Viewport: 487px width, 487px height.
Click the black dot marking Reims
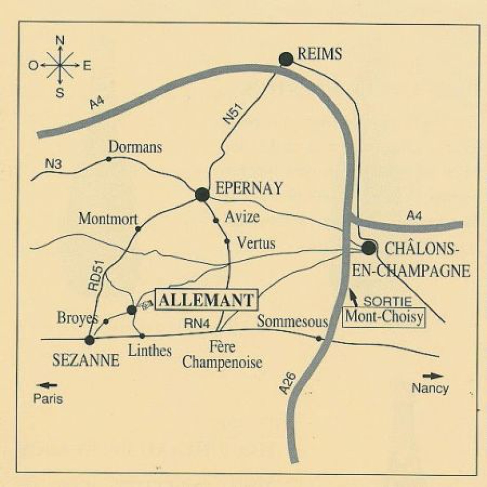tap(286, 59)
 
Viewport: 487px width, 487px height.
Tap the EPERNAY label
tap(249, 188)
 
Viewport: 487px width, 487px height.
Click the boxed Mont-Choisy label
tap(384, 317)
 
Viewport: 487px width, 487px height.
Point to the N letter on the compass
tap(60, 40)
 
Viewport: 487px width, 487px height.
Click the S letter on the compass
tap(60, 93)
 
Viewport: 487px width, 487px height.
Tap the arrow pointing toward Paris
tap(48, 386)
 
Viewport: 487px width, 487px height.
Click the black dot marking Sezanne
tap(89, 340)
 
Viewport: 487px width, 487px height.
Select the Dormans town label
tap(135, 147)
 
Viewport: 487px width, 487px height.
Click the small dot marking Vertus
tap(227, 241)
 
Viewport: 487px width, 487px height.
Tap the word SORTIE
tap(387, 301)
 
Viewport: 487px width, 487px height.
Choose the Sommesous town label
tap(292, 321)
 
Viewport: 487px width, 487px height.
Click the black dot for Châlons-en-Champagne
tap(368, 248)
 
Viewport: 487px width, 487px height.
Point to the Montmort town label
tap(108, 219)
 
